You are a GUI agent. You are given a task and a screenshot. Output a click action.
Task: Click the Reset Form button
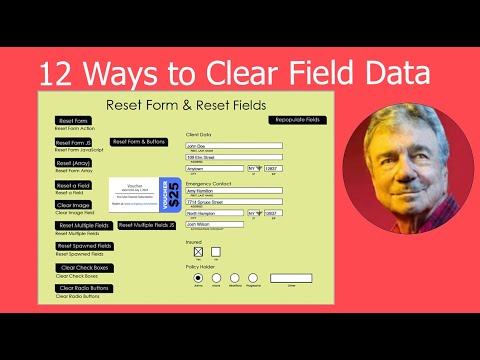click(74, 121)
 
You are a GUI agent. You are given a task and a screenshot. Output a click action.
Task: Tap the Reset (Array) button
click(74, 163)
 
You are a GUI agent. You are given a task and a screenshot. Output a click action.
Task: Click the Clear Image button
click(74, 205)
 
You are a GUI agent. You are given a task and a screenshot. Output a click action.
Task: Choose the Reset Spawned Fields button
click(85, 246)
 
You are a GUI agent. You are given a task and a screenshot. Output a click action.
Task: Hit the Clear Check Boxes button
click(85, 267)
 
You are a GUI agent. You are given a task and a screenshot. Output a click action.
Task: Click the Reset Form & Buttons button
click(140, 141)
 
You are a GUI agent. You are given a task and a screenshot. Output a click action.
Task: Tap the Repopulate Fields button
click(298, 120)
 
